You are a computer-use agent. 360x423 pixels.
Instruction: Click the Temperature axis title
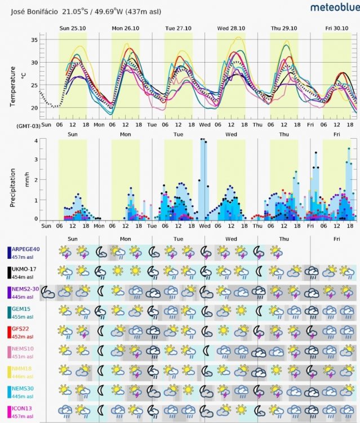tap(13, 85)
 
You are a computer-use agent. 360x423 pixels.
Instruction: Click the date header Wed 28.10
tap(231, 27)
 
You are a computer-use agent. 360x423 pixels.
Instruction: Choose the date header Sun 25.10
tap(73, 27)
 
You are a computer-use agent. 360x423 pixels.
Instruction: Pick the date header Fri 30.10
tap(337, 27)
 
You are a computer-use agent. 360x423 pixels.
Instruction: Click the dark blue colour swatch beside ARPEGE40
tap(9, 253)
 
